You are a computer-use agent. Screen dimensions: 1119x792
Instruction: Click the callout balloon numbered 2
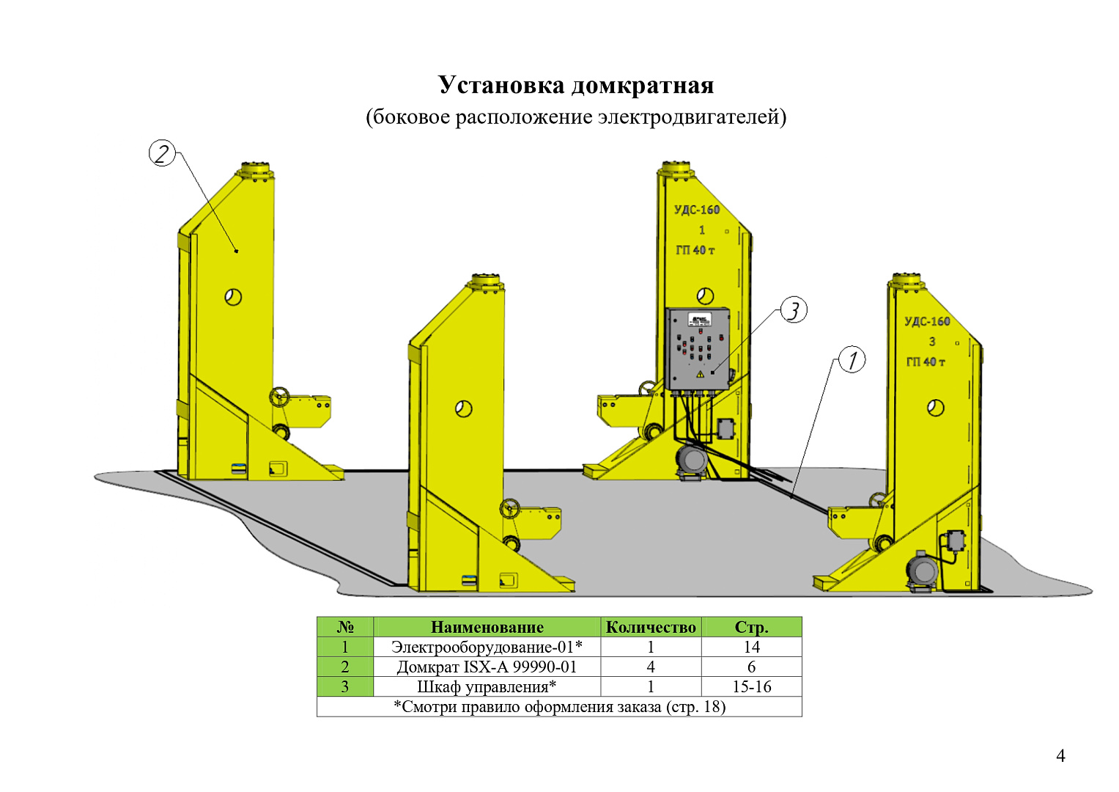[162, 153]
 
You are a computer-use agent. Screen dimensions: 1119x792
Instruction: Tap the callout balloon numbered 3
[794, 310]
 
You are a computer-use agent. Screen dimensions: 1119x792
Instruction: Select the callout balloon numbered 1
[852, 359]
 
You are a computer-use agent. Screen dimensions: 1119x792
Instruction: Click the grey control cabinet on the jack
[698, 348]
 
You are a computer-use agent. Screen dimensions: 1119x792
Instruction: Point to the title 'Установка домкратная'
[576, 85]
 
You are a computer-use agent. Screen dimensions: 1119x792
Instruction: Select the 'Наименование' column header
[487, 627]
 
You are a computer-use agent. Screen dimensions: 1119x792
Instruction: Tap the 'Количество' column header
[651, 627]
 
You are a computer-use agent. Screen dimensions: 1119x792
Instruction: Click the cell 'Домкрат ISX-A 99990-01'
[487, 667]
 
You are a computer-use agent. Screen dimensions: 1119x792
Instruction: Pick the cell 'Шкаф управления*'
[487, 686]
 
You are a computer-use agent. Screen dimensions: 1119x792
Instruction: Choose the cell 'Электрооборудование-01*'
[487, 647]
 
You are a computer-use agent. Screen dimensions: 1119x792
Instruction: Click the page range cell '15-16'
[751, 686]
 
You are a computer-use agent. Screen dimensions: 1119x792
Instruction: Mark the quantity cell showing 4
[651, 667]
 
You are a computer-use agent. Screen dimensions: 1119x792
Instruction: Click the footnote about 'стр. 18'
[559, 706]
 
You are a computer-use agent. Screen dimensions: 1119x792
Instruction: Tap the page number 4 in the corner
[1060, 755]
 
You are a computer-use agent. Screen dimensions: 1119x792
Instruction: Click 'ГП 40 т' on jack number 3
[926, 362]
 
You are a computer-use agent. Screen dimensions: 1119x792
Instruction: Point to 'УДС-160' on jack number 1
[697, 210]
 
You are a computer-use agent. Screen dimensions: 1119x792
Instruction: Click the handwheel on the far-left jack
[279, 397]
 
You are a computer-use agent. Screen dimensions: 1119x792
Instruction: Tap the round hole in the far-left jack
[233, 297]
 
